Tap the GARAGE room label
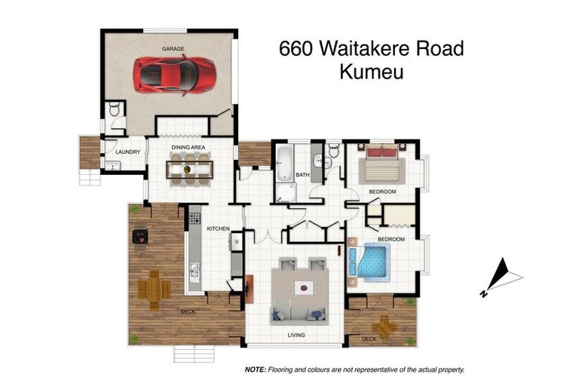point(173,48)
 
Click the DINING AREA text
point(188,147)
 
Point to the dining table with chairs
point(190,169)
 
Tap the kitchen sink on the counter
point(195,270)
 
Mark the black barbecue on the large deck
point(140,237)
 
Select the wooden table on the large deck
point(155,286)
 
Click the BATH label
point(302,175)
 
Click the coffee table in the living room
point(303,287)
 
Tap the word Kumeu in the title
point(371,72)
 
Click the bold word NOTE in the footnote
point(254,370)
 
